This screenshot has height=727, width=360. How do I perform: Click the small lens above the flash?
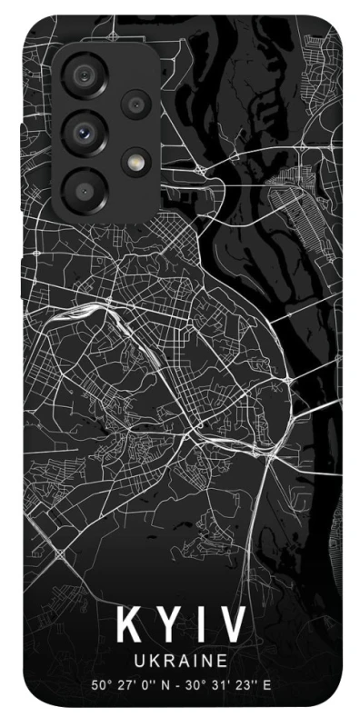click(x=137, y=104)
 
